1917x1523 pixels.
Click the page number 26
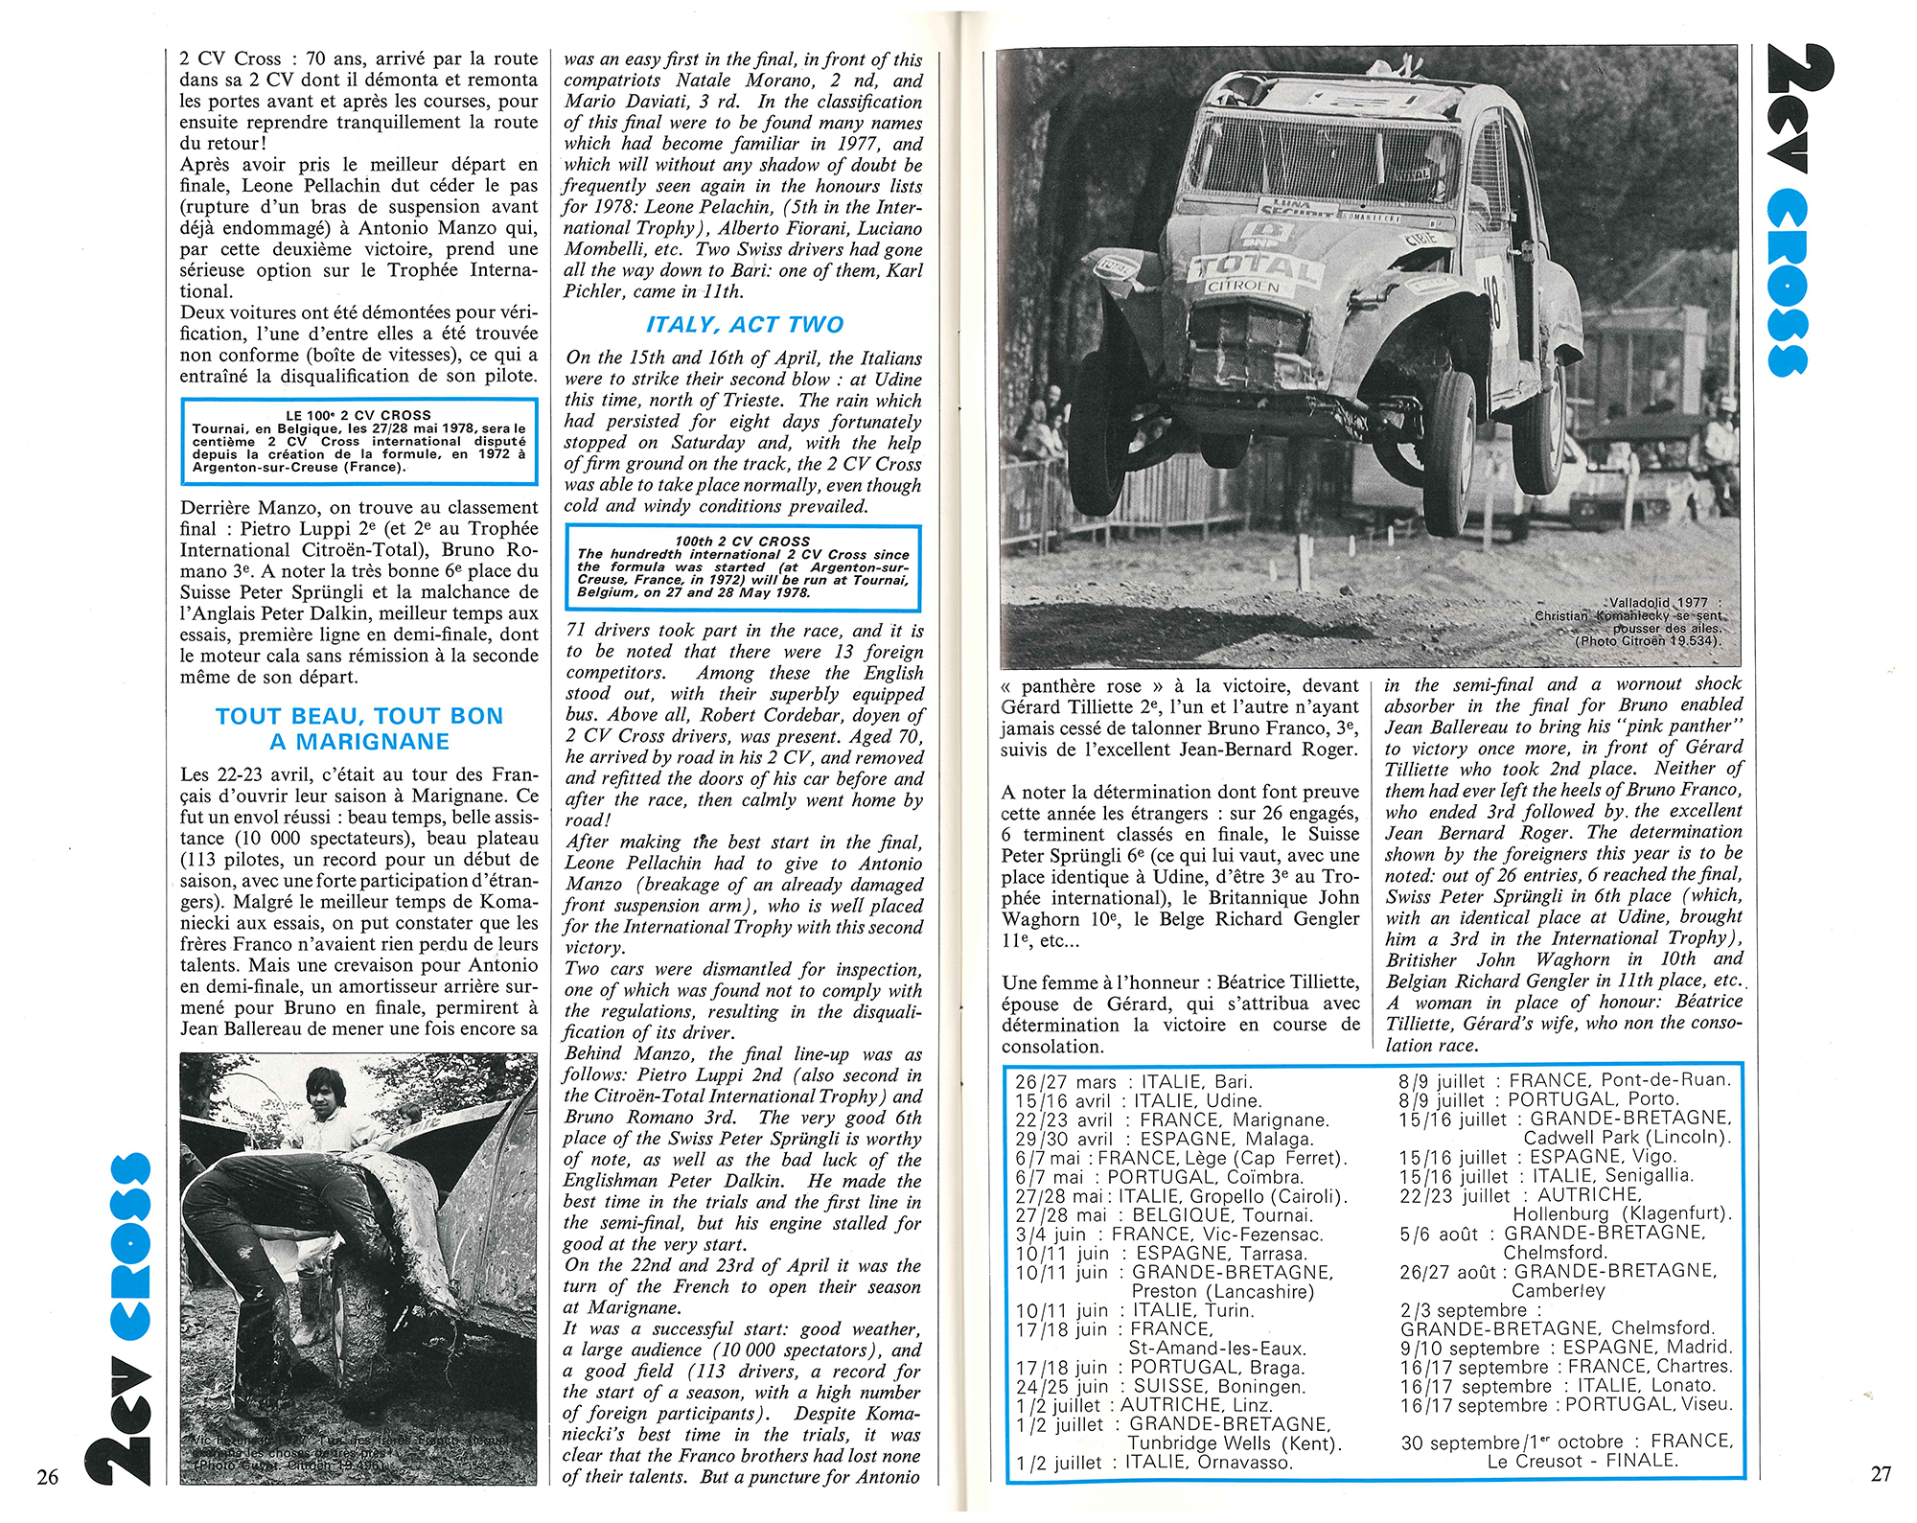pyautogui.click(x=48, y=1476)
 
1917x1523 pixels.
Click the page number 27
pyautogui.click(x=1882, y=1474)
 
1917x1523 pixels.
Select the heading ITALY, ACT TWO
pyautogui.click(x=744, y=325)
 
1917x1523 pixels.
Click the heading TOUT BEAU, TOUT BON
pyautogui.click(x=359, y=716)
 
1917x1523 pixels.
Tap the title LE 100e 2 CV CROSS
pyautogui.click(x=359, y=415)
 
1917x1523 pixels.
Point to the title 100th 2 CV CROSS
pyautogui.click(x=743, y=541)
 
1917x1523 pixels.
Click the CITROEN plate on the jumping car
pyautogui.click(x=1243, y=286)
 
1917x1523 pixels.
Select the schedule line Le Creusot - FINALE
pyautogui.click(x=1582, y=1461)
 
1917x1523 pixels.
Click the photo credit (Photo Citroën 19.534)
pyautogui.click(x=1648, y=640)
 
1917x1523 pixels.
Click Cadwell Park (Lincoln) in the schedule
pyautogui.click(x=1627, y=1138)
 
